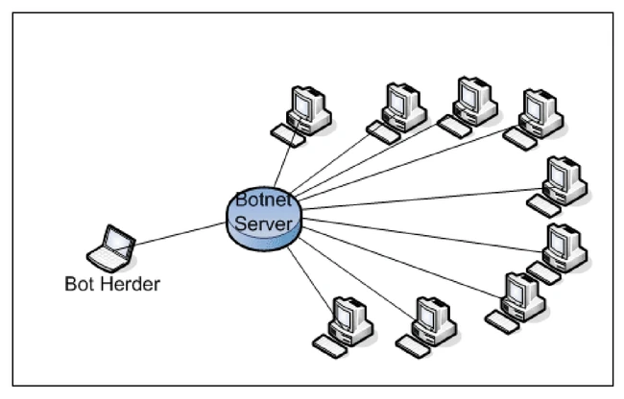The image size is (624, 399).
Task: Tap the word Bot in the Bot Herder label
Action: click(x=79, y=285)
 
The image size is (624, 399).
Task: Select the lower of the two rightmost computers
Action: click(x=561, y=251)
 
